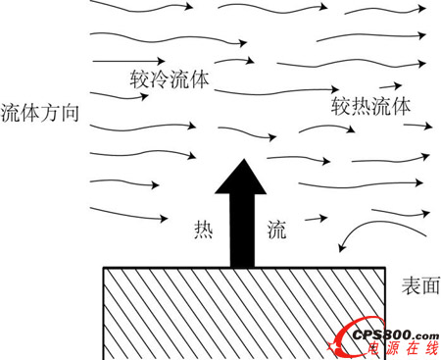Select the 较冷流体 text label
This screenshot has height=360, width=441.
[x=171, y=77]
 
